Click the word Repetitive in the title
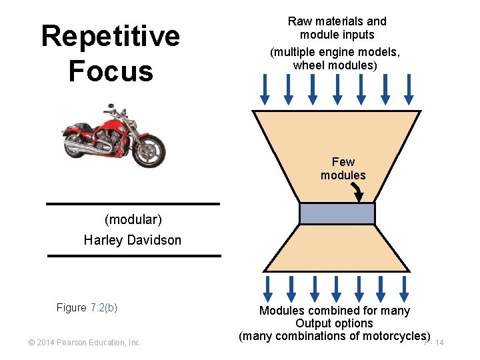pyautogui.click(x=110, y=36)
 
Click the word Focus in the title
pyautogui.click(x=110, y=71)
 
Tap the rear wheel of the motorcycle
pyautogui.click(x=79, y=142)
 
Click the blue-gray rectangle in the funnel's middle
pyautogui.click(x=337, y=213)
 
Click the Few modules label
pyautogui.click(x=343, y=169)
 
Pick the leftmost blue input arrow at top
pyautogui.click(x=265, y=89)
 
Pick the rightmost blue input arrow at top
pyautogui.click(x=409, y=89)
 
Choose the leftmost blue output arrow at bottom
pyautogui.click(x=267, y=289)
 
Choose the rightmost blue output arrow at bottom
pyautogui.click(x=406, y=289)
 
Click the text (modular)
pyautogui.click(x=133, y=219)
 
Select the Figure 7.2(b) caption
pyautogui.click(x=87, y=307)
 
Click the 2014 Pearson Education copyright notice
pyautogui.click(x=84, y=343)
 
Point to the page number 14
pyautogui.click(x=439, y=343)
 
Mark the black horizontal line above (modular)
pyautogui.click(x=133, y=204)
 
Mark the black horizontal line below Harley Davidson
pyautogui.click(x=133, y=255)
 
